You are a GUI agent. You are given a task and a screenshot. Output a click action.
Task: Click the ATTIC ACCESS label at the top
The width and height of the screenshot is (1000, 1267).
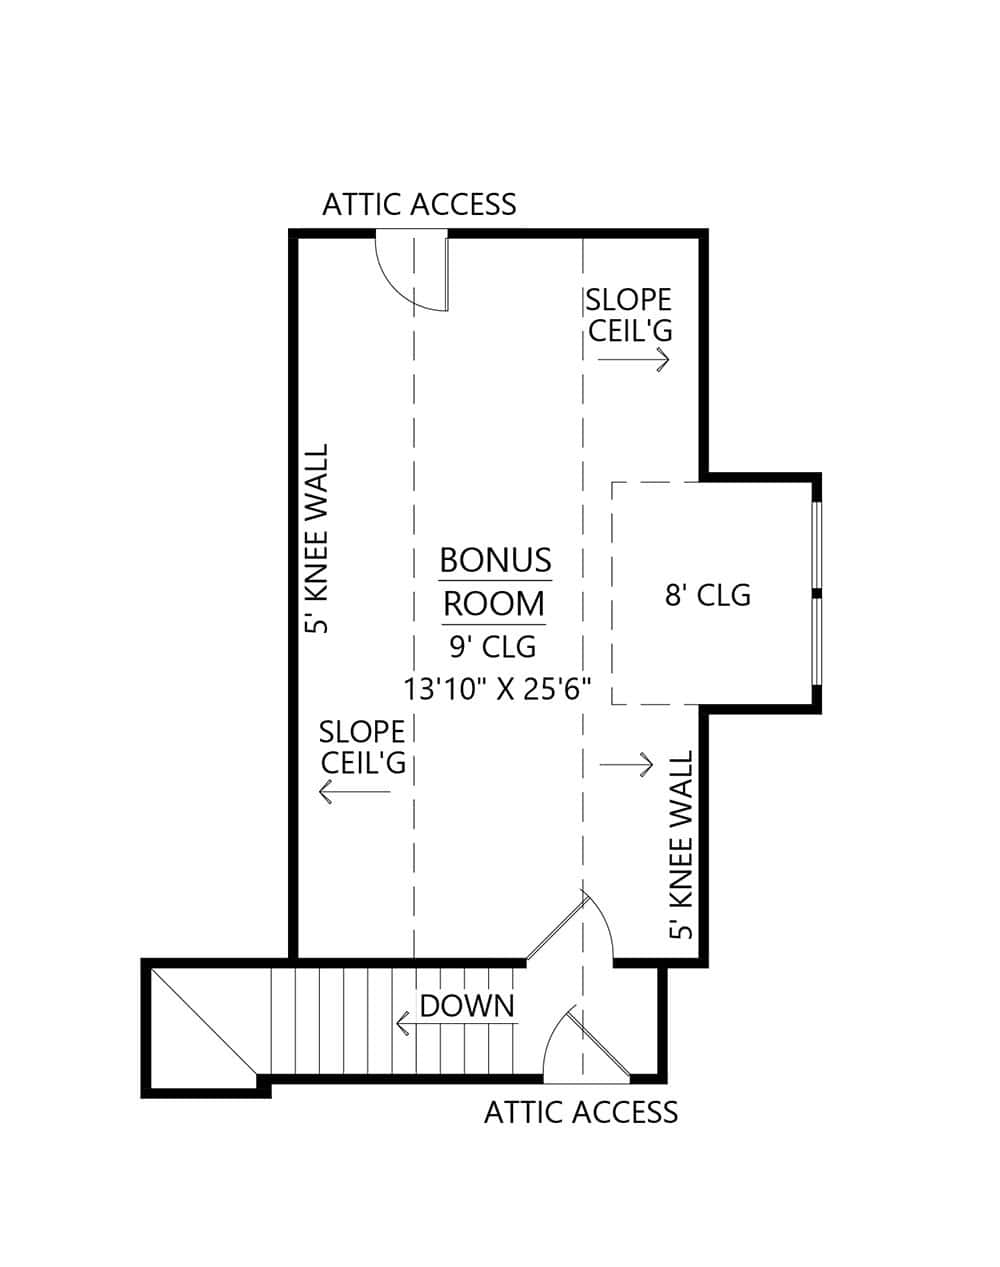[419, 204]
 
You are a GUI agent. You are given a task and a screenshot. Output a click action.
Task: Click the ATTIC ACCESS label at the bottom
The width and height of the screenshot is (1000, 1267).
[580, 1112]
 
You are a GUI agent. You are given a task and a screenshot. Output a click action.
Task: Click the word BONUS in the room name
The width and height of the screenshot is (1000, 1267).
[495, 560]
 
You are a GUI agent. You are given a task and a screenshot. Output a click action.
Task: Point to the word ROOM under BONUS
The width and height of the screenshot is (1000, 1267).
[494, 604]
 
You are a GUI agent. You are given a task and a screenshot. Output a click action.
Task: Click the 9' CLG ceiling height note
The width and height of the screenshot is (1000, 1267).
[493, 647]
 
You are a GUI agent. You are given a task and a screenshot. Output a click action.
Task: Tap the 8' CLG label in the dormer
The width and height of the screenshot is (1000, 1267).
[708, 595]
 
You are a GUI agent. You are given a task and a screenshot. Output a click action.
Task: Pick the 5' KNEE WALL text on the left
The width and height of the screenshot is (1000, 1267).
[317, 540]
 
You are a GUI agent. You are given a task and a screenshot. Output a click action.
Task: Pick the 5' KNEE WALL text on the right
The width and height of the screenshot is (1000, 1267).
[681, 846]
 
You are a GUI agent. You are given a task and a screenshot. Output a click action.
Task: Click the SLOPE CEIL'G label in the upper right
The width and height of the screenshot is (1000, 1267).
[628, 314]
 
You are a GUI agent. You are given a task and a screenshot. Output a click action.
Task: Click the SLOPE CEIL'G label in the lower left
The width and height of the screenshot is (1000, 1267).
[362, 746]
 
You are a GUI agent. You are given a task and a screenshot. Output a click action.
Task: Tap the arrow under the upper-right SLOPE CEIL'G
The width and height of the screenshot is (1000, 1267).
[632, 360]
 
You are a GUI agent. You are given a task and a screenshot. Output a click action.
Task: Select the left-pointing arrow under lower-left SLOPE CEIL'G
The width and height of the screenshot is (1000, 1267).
[353, 793]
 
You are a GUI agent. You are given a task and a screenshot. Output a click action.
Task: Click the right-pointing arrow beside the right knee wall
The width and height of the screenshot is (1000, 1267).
[626, 765]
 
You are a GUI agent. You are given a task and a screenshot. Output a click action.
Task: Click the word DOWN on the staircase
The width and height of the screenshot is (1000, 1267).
[467, 1006]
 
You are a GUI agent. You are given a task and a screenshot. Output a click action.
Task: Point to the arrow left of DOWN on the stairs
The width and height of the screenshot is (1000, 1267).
[404, 1023]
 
